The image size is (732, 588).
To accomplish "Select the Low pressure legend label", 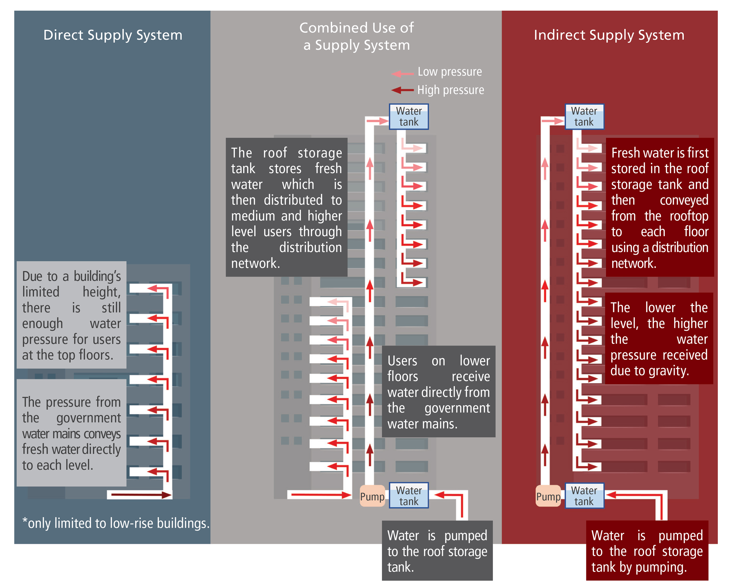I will (x=449, y=72).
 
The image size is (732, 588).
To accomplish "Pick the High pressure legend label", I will (x=450, y=90).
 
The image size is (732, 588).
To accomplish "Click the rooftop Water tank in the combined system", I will (x=409, y=116).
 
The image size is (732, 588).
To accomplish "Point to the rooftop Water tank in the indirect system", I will (x=584, y=116).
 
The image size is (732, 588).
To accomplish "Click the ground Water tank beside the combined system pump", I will (x=409, y=496).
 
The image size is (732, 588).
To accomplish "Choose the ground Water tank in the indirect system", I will (x=584, y=496).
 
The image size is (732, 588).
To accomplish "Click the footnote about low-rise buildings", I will (x=116, y=523).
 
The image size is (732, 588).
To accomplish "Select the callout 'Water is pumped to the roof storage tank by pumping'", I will (x=647, y=551).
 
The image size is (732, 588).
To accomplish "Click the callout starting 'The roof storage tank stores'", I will (x=286, y=207).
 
